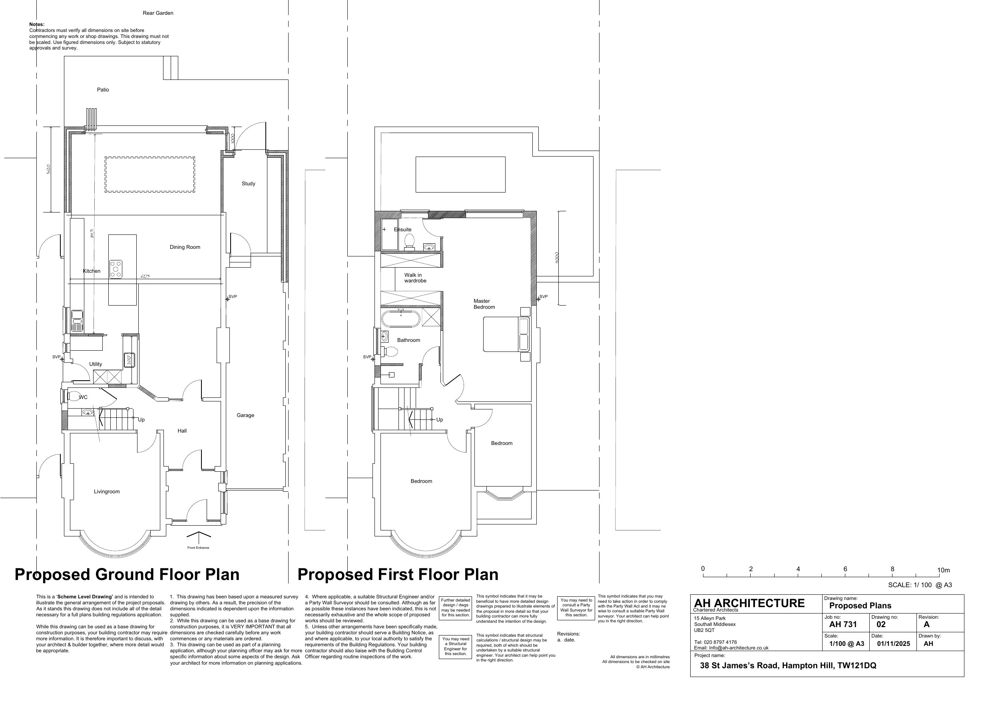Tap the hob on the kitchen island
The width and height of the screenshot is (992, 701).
pos(116,269)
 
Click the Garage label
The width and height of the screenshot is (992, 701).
pos(245,415)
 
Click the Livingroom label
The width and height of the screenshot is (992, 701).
pos(107,492)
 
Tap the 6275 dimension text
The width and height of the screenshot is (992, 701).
pos(145,276)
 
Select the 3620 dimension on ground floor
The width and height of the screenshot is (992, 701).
pos(49,169)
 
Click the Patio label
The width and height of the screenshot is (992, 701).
pos(103,90)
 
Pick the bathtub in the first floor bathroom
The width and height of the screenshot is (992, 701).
pos(400,319)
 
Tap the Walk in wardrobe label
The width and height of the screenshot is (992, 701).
pos(415,278)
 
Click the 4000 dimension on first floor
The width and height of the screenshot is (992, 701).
pos(558,258)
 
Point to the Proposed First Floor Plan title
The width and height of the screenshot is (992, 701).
pos(398,574)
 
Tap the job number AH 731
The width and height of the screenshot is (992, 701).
pos(843,625)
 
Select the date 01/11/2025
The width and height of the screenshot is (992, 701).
pos(893,643)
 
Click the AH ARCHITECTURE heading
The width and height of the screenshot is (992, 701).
pos(749,603)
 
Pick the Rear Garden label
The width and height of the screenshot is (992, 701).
pos(158,13)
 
